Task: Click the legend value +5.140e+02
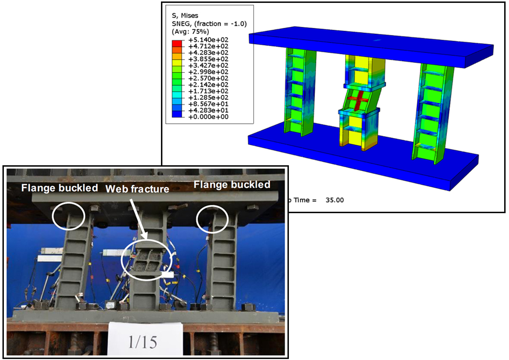tap(208, 40)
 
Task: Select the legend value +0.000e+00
tap(208, 117)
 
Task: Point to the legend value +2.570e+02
tap(208, 78)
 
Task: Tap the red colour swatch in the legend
tap(177, 43)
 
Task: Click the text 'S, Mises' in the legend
tap(185, 16)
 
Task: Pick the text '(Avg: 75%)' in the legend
tap(190, 31)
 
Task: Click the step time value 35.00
tap(334, 200)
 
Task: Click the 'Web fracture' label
tap(137, 189)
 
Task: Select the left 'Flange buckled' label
tap(60, 188)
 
